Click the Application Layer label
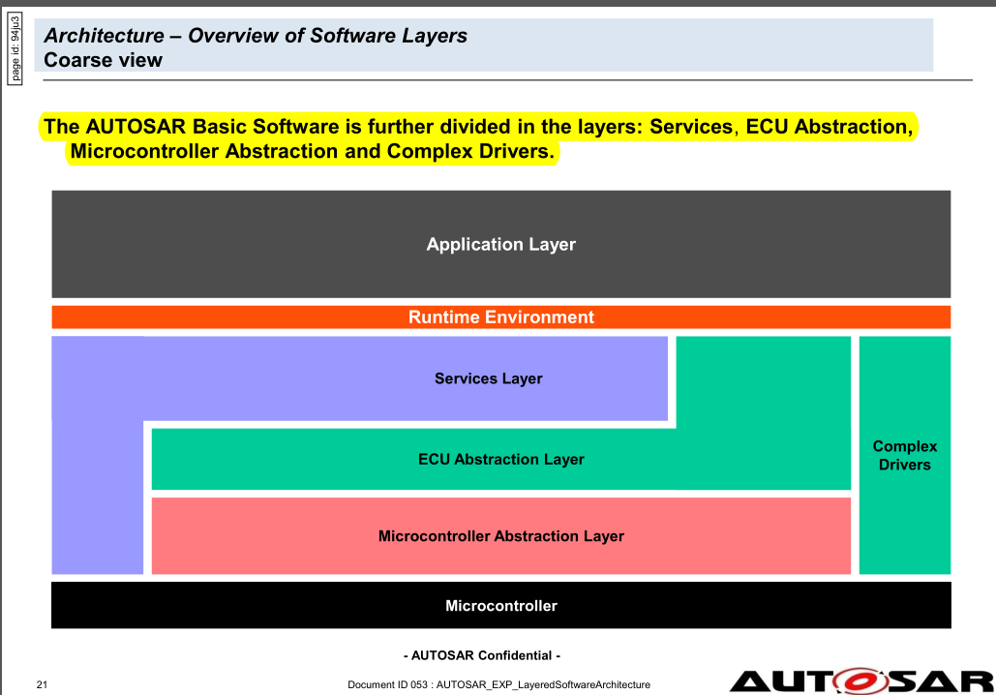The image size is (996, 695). tap(500, 244)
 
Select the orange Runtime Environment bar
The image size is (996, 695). tap(500, 317)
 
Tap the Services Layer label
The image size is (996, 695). tap(488, 378)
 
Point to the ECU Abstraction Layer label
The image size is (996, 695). tap(500, 459)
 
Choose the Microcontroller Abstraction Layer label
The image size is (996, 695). tap(500, 536)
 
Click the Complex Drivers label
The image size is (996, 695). tap(904, 456)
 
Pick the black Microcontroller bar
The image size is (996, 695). tap(500, 606)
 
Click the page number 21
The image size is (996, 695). tap(42, 685)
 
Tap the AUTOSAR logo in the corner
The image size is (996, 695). tap(861, 680)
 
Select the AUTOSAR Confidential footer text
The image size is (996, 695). tap(481, 655)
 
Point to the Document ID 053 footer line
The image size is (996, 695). tap(498, 685)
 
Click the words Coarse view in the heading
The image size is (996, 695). tap(104, 60)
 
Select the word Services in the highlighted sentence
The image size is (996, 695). tap(691, 127)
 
